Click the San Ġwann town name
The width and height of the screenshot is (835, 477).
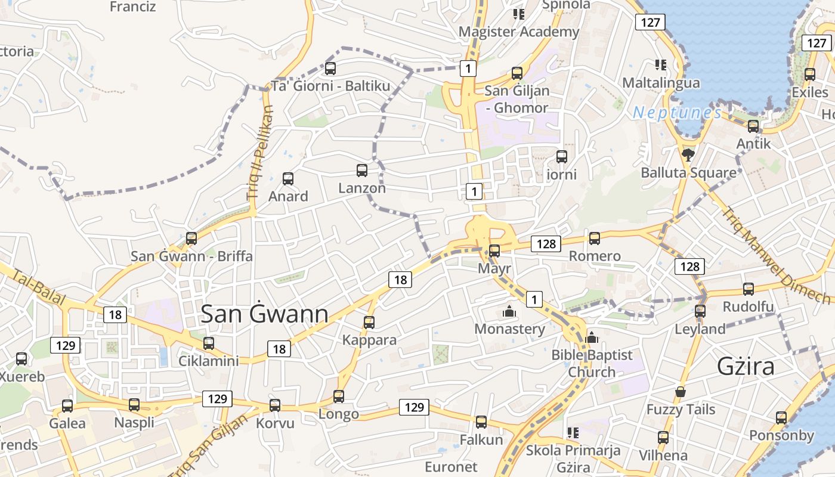(x=264, y=314)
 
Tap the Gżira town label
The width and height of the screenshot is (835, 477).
(x=746, y=366)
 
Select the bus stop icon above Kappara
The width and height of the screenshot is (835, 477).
(x=369, y=323)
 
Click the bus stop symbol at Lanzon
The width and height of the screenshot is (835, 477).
(x=361, y=171)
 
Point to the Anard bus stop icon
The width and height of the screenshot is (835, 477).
(x=288, y=179)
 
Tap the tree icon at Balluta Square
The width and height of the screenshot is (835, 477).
(x=688, y=155)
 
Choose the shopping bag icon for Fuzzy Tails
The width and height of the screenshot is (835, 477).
(x=680, y=392)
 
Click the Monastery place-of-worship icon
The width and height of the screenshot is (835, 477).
(x=509, y=311)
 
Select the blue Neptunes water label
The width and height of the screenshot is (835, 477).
(x=677, y=112)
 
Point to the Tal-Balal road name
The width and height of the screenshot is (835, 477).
(x=38, y=287)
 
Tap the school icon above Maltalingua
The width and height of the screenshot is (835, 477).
(x=660, y=64)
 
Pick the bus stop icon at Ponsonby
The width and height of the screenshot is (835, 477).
(x=781, y=418)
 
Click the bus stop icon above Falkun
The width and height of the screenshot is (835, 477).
(x=481, y=422)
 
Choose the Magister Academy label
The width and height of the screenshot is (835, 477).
(x=518, y=32)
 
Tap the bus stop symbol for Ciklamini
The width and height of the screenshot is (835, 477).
(x=209, y=343)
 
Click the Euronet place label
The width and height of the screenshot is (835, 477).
(x=451, y=466)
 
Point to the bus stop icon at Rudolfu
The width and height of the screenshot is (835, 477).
(x=749, y=289)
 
